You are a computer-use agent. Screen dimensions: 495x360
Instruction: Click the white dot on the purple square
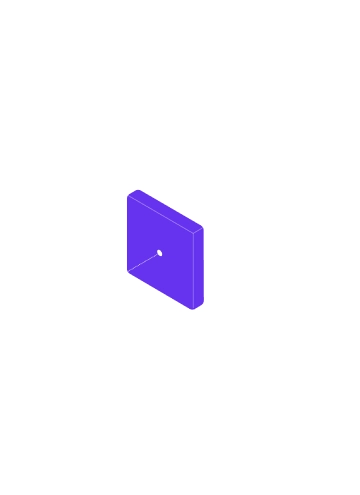(159, 252)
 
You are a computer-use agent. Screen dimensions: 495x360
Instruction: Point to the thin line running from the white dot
(145, 261)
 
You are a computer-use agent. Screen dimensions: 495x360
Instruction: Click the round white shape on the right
(310, 162)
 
